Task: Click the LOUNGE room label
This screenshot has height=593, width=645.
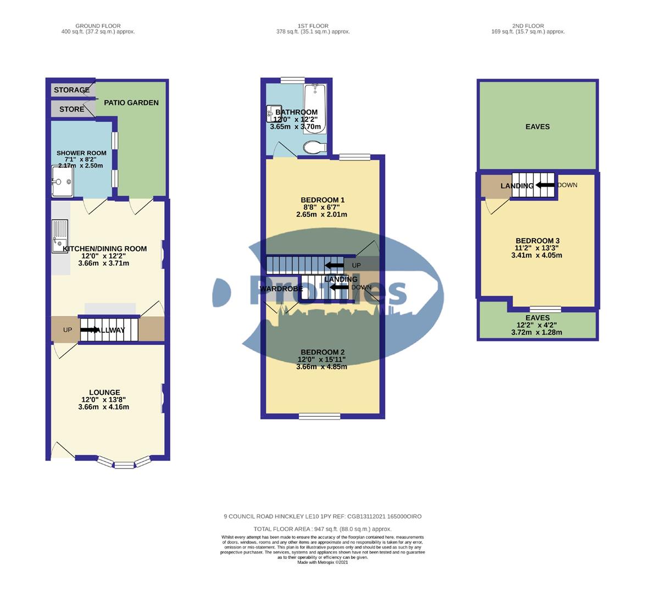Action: (104, 393)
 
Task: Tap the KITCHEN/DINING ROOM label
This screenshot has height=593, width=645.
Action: (105, 249)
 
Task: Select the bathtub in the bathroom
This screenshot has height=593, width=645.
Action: (315, 108)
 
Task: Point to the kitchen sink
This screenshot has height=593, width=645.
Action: (59, 237)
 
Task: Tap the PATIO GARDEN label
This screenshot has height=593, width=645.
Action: (131, 103)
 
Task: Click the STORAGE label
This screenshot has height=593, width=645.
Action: (71, 90)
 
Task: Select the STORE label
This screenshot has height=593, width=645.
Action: (71, 109)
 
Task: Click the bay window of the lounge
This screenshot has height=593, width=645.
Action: (124, 463)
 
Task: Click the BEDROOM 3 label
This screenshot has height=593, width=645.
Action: (537, 241)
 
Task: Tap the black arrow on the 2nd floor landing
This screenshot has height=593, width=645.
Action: (545, 185)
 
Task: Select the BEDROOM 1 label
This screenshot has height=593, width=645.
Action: (322, 200)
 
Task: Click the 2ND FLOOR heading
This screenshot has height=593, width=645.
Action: (528, 26)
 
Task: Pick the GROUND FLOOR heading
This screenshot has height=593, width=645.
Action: (98, 26)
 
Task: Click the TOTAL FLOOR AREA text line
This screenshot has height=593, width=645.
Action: (322, 529)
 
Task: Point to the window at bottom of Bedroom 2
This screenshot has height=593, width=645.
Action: (319, 416)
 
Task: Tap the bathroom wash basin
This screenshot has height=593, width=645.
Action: (273, 111)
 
